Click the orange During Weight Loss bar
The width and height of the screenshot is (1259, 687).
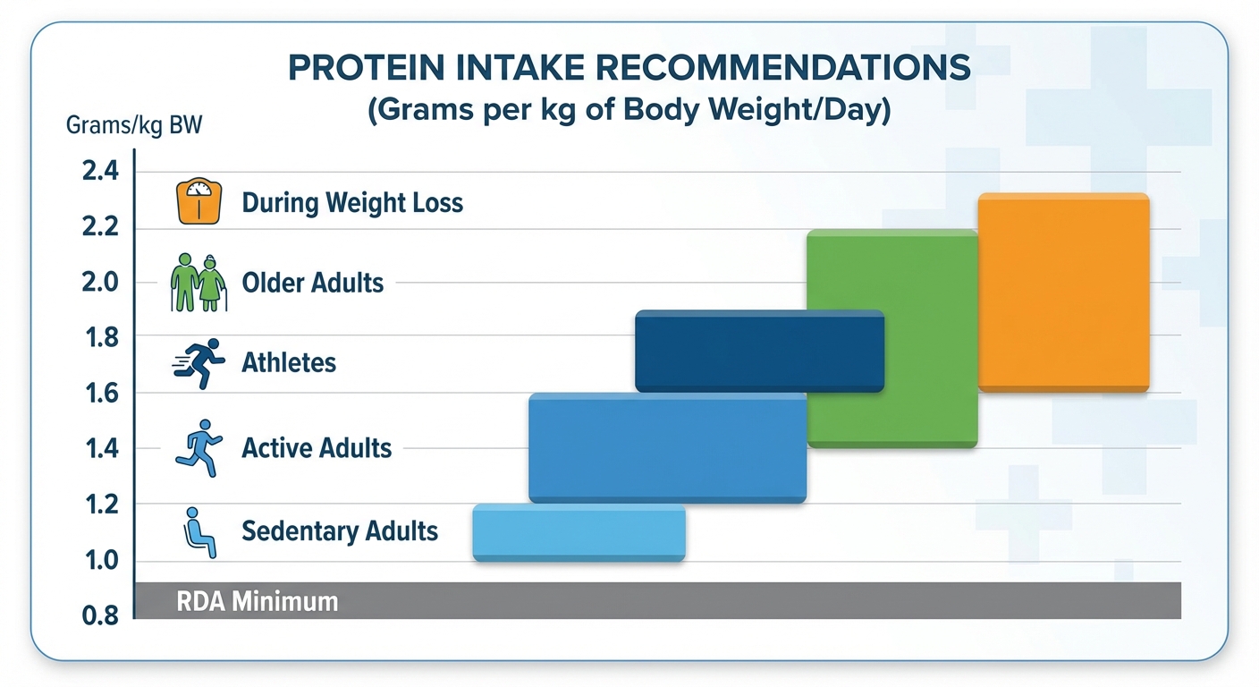click(x=1064, y=293)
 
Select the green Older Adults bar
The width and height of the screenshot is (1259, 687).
click(x=891, y=338)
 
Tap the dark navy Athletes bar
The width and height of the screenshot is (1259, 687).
click(x=759, y=351)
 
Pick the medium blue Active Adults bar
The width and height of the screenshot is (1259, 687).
click(x=667, y=447)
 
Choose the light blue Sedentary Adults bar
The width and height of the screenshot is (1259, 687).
click(x=579, y=533)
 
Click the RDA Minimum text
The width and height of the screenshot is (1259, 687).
click(x=258, y=601)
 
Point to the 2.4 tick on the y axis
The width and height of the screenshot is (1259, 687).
click(x=100, y=171)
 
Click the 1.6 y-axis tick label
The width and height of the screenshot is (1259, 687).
click(x=100, y=393)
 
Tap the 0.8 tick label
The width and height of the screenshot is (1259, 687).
click(x=100, y=616)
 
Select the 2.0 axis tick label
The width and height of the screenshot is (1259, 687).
click(x=100, y=282)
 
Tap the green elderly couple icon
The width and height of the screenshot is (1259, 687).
click(x=199, y=282)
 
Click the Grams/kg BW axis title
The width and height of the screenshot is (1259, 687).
click(x=134, y=124)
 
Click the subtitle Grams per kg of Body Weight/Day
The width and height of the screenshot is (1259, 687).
click(x=629, y=114)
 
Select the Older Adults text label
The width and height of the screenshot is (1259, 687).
click(x=313, y=284)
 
